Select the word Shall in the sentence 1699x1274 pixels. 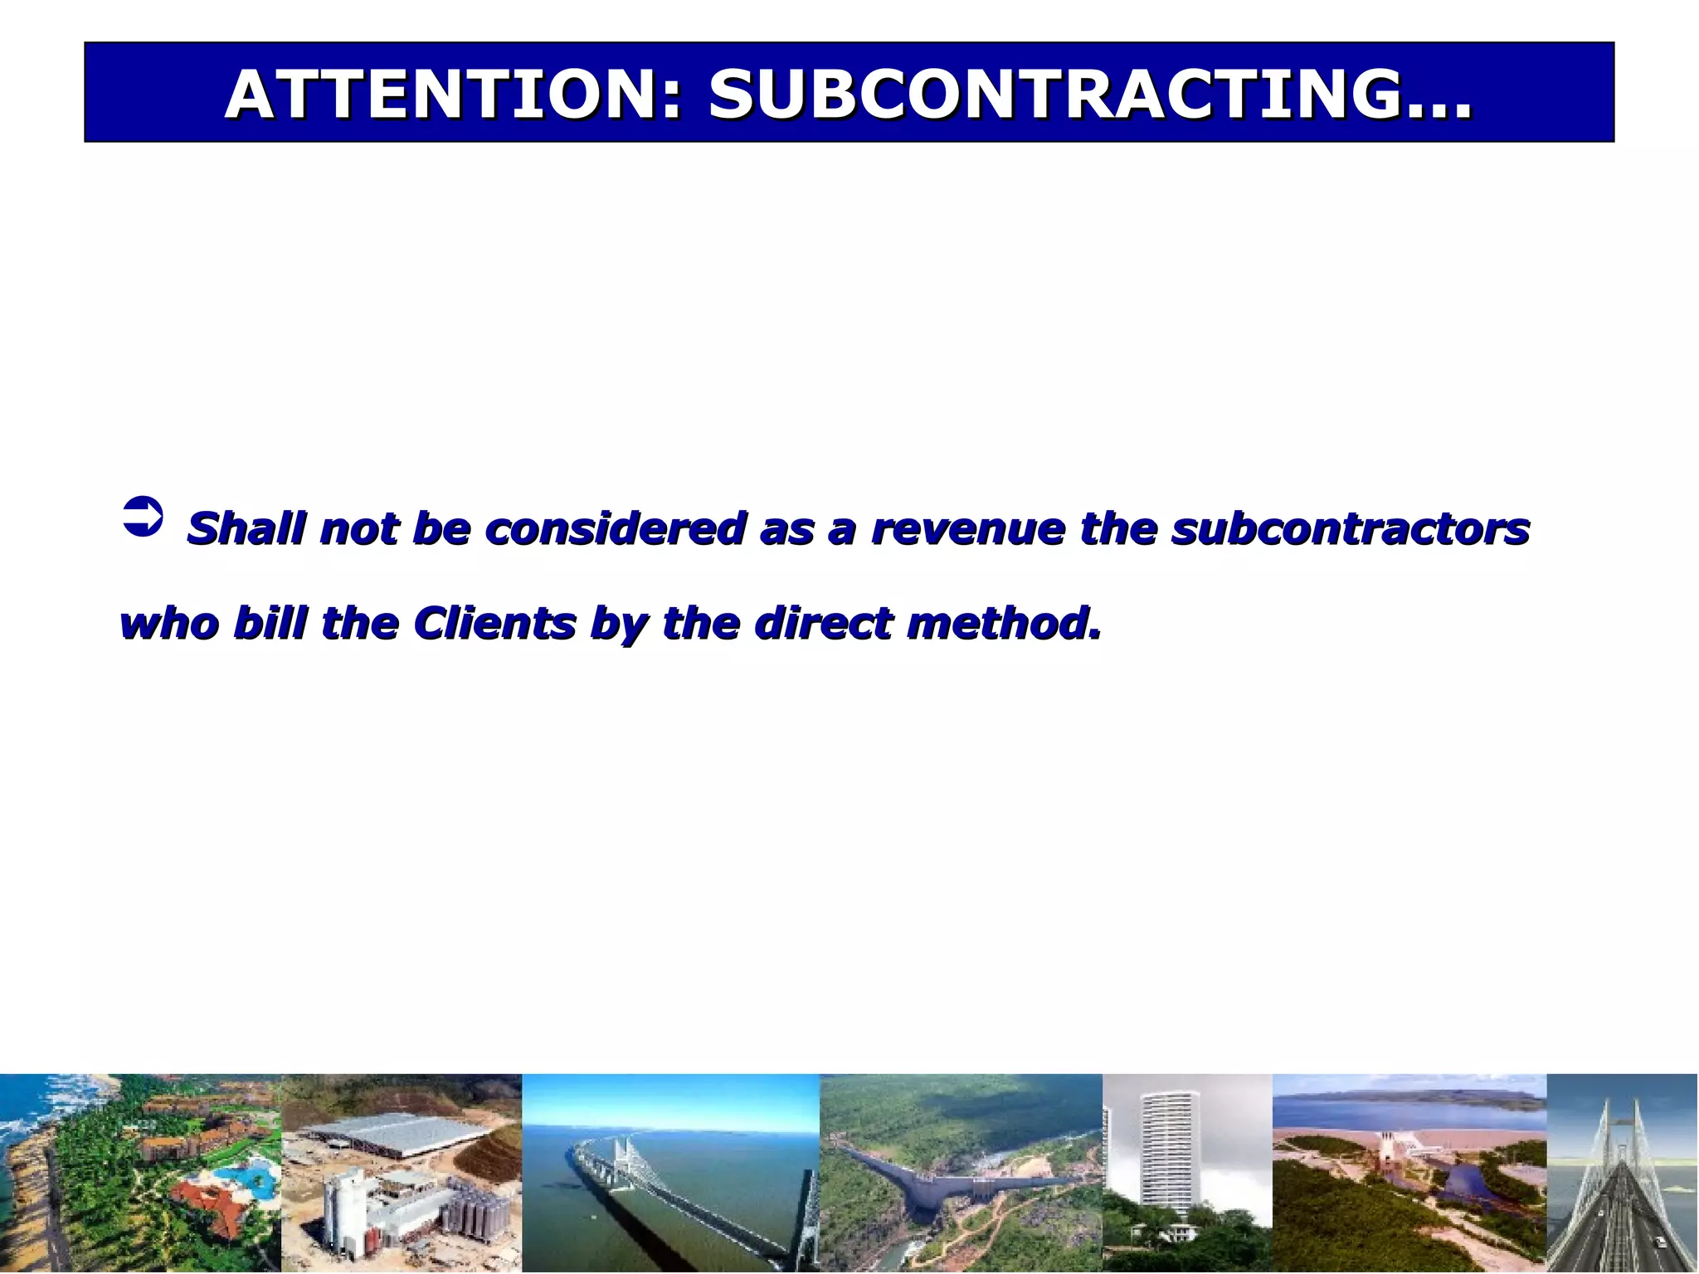point(246,528)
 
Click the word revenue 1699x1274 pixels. point(967,530)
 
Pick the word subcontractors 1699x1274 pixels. point(1350,528)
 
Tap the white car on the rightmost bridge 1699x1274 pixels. point(1660,1242)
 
